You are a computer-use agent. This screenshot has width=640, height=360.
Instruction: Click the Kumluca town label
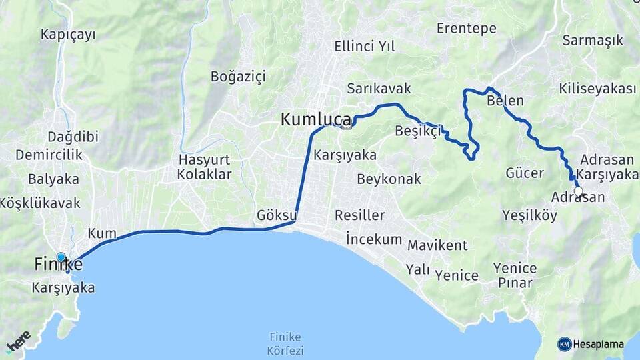(x=315, y=119)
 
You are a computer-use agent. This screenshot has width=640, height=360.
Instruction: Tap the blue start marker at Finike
(x=61, y=257)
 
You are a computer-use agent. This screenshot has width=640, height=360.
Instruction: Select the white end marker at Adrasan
(x=579, y=192)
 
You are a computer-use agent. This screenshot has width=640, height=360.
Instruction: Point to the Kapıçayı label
(x=69, y=33)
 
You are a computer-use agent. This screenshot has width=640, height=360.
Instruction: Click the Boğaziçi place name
(x=238, y=76)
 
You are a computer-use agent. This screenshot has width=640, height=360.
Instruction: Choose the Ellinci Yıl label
(x=365, y=47)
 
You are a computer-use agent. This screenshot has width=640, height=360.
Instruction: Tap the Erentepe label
(x=467, y=28)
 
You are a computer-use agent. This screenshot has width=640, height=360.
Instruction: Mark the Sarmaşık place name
(x=593, y=40)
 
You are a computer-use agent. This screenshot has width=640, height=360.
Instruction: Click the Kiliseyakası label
(x=598, y=89)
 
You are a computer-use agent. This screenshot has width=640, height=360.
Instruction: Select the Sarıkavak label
(x=379, y=89)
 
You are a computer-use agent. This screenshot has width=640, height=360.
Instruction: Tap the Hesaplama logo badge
(x=591, y=344)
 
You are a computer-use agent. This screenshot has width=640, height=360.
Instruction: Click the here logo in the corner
(x=19, y=341)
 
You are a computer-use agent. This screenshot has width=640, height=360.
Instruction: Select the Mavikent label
(x=437, y=245)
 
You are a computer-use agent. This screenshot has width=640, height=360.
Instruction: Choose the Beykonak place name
(x=389, y=179)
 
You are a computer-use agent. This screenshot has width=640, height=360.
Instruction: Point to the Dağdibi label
(x=73, y=137)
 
